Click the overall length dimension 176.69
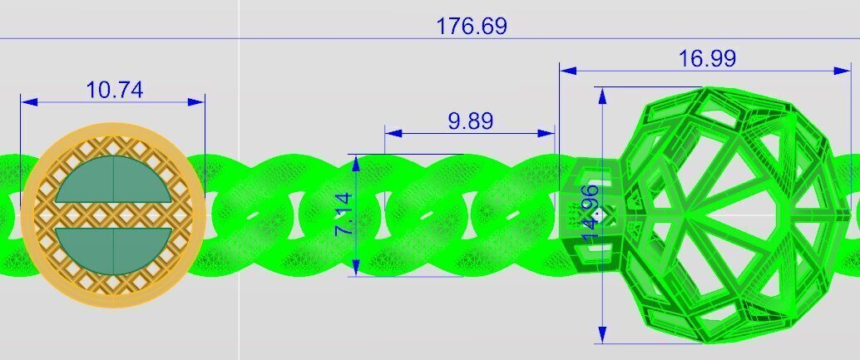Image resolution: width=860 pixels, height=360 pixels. pos(472,26)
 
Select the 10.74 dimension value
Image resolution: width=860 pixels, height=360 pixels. pos(114,90)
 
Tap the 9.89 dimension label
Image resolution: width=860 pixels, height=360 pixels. pos(470,121)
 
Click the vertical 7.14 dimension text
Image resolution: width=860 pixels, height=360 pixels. pos(344,215)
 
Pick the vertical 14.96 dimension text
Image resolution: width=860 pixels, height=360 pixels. pos(591,213)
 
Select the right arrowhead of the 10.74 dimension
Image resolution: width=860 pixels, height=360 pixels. pos(197,102)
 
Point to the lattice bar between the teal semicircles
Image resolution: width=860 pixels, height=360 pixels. pos(113,214)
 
